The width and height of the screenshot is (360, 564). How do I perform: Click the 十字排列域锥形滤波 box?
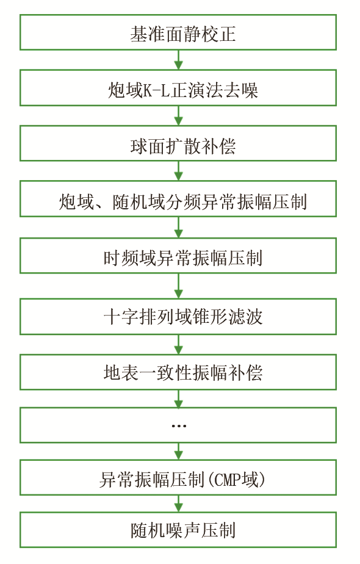pyautogui.click(x=178, y=317)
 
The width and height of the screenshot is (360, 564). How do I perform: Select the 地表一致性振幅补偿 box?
pyautogui.click(x=178, y=372)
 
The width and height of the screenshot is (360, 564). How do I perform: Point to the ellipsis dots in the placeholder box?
pyautogui.click(x=179, y=426)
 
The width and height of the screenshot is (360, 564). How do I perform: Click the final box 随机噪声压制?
pyautogui.click(x=178, y=530)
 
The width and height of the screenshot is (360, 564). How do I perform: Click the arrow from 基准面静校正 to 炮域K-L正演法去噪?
pyautogui.click(x=178, y=60)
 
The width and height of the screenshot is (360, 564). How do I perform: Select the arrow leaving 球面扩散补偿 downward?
pyautogui.click(x=178, y=171)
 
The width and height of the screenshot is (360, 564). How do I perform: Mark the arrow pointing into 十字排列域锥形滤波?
pyautogui.click(x=178, y=286)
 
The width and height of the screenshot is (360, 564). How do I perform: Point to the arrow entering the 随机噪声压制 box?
pyautogui.click(x=178, y=504)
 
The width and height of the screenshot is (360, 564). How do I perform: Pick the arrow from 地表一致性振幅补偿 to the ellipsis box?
pyautogui.click(x=178, y=399)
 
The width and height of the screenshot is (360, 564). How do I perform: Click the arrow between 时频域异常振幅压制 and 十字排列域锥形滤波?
pyautogui.click(x=178, y=286)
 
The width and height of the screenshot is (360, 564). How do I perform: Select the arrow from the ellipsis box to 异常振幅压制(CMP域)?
pyautogui.click(x=178, y=451)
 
